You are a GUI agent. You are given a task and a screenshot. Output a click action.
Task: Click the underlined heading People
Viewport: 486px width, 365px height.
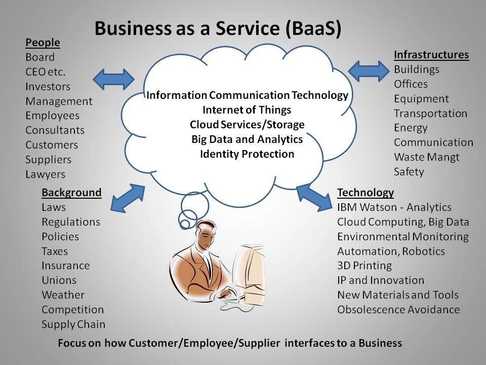pyautogui.click(x=43, y=43)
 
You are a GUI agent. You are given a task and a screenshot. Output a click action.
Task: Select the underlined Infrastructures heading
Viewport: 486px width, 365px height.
pyautogui.click(x=431, y=55)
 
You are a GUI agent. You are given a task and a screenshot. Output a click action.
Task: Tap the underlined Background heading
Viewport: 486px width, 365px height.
pyautogui.click(x=71, y=193)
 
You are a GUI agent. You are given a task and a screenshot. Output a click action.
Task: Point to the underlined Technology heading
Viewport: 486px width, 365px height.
pyautogui.click(x=365, y=193)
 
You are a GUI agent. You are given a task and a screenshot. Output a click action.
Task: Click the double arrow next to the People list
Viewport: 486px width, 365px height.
pyautogui.click(x=113, y=79)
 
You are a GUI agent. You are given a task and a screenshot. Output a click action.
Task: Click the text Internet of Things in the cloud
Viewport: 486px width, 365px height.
pyautogui.click(x=247, y=109)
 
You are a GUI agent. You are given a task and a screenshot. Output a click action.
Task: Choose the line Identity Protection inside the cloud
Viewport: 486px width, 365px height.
pyautogui.click(x=247, y=154)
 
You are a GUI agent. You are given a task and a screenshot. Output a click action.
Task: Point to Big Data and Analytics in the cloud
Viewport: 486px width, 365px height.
pyautogui.click(x=247, y=139)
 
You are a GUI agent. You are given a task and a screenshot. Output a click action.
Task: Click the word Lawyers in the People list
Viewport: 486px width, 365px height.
pyautogui.click(x=46, y=174)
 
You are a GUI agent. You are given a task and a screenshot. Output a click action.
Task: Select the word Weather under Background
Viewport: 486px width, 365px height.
pyautogui.click(x=63, y=295)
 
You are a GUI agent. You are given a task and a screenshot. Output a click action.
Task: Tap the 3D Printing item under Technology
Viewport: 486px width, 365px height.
pyautogui.click(x=364, y=266)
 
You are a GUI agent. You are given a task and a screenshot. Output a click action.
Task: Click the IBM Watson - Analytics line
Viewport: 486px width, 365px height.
pyautogui.click(x=394, y=207)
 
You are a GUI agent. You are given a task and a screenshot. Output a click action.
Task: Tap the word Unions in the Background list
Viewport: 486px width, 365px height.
pyautogui.click(x=59, y=280)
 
